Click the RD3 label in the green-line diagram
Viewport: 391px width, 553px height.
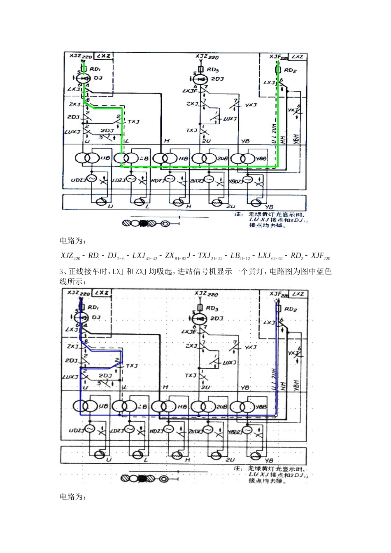click(213, 70)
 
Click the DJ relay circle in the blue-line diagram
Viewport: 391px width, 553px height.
click(83, 317)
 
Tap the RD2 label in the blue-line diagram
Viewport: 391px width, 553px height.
click(291, 309)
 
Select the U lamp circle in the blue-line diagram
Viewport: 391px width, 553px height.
click(99, 455)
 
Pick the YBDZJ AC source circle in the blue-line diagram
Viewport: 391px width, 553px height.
click(247, 430)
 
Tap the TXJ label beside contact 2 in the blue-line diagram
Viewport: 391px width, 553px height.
click(132, 366)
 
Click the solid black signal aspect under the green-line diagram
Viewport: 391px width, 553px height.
click(144, 223)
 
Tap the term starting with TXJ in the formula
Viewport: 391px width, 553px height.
click(210, 256)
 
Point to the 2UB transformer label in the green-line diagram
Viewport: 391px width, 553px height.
click(222, 159)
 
